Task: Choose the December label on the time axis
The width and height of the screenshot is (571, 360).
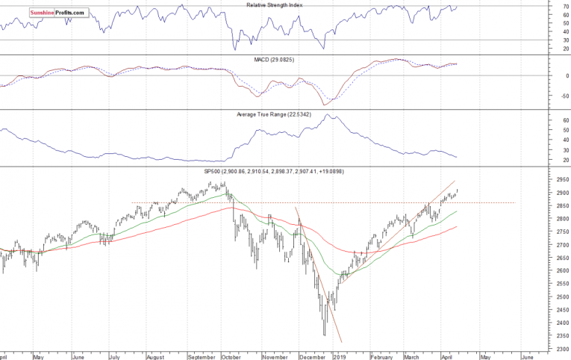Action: pos(312,356)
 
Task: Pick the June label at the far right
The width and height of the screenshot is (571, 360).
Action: pos(527,356)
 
